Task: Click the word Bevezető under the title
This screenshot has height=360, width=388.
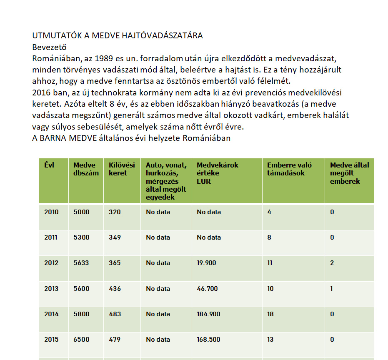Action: [49, 47]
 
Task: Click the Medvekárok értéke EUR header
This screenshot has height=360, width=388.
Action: [218, 173]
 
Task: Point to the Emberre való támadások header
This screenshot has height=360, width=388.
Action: [289, 169]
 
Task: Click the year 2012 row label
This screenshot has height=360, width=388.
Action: [51, 263]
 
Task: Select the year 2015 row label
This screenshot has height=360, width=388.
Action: [51, 339]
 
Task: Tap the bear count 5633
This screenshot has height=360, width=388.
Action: [81, 263]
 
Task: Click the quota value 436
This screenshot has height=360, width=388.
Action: [115, 288]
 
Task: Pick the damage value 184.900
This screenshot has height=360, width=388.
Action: [208, 314]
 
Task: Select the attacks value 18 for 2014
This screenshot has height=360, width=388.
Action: [270, 314]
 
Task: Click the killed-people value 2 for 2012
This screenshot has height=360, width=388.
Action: [332, 263]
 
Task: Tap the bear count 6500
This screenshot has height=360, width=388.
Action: [81, 339]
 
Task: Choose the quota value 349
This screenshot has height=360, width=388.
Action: [115, 237]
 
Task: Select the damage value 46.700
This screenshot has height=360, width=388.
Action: [207, 288]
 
